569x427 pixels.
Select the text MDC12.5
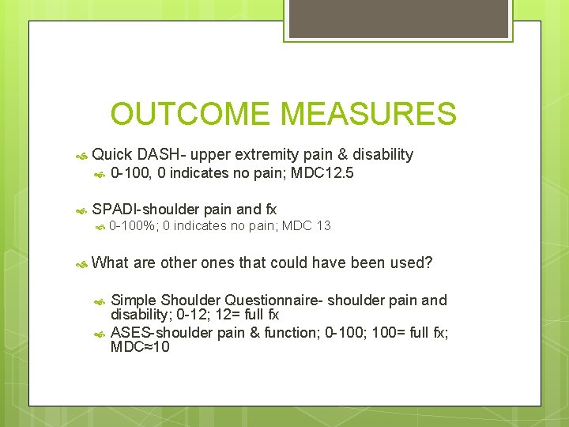click(x=322, y=173)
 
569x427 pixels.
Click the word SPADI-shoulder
click(x=145, y=209)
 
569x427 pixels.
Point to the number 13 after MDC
click(x=322, y=226)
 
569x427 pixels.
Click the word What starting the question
click(x=110, y=263)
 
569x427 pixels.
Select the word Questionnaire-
click(x=274, y=300)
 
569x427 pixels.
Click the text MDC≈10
click(x=141, y=347)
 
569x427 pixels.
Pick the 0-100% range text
click(x=133, y=226)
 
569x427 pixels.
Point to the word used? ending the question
click(x=412, y=263)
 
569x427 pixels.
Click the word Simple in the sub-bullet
click(x=134, y=300)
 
